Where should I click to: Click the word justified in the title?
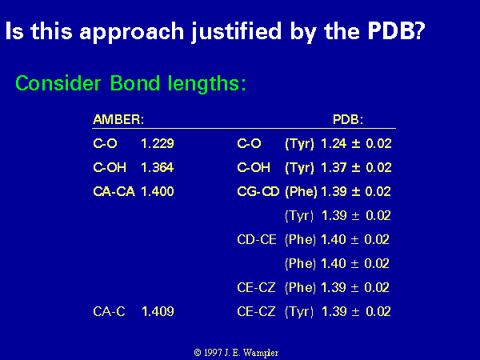tap(236, 32)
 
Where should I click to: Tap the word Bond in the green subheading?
tap(134, 83)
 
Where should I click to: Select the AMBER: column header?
tap(118, 119)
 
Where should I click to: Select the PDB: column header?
tap(348, 119)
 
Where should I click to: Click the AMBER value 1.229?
tap(158, 143)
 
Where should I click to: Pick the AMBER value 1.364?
tap(158, 167)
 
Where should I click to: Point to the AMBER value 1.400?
tap(158, 191)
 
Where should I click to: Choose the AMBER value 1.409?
tap(158, 311)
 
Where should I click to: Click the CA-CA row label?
tap(114, 191)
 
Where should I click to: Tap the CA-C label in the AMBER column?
tap(109, 311)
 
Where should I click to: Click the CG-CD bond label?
tap(258, 191)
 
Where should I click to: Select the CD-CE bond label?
tap(257, 239)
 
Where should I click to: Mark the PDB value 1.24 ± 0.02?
tap(356, 143)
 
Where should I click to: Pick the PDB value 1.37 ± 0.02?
tap(356, 167)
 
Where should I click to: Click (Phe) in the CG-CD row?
tap(301, 192)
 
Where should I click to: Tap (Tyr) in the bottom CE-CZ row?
tap(299, 312)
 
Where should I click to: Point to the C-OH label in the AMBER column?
tap(110, 167)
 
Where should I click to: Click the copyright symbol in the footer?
tap(198, 353)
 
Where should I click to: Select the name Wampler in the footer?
tap(261, 354)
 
